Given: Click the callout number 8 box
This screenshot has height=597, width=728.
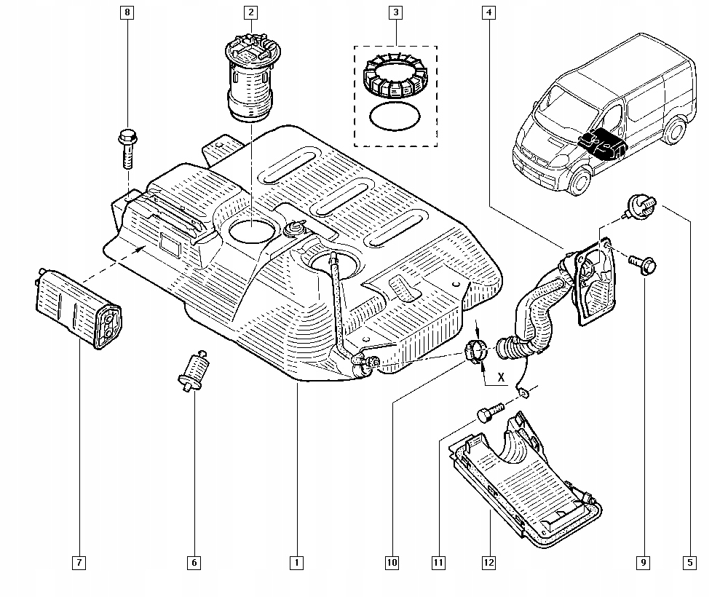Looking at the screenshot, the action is (x=127, y=12).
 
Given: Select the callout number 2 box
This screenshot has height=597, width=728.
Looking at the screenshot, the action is (x=250, y=12).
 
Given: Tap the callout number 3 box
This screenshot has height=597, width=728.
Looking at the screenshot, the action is (x=395, y=12).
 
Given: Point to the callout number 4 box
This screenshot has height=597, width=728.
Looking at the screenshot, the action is (x=488, y=12).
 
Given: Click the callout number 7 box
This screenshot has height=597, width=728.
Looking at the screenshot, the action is (x=79, y=563).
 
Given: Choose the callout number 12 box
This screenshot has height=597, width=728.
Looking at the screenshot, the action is (x=489, y=563).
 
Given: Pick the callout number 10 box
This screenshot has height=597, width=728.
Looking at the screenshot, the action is (x=392, y=563).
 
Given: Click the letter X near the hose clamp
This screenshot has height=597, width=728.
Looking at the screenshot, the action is (x=501, y=377).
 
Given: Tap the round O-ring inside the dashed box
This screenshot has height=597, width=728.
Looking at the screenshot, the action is (x=395, y=116).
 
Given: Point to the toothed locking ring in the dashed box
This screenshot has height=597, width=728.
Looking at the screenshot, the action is (x=395, y=76).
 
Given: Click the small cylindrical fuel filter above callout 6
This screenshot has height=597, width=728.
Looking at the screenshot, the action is (x=193, y=371).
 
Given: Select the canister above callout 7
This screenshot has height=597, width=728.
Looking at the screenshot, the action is (x=78, y=308).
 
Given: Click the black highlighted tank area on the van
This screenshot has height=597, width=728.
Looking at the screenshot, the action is (x=602, y=143).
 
